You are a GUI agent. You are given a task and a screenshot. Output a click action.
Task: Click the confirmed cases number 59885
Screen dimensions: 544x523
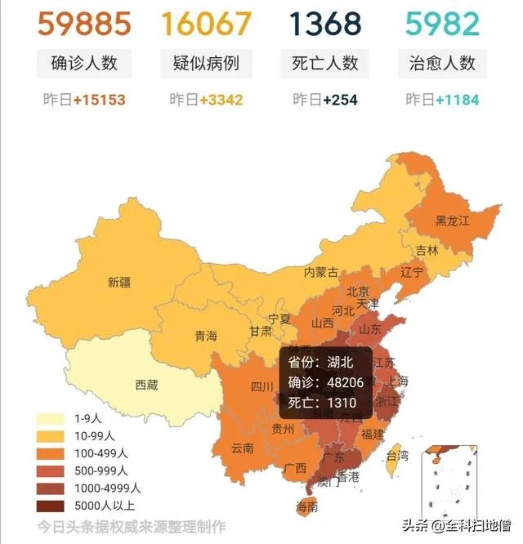coord(84,23)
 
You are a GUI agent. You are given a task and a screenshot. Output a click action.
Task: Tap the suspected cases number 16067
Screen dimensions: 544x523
coord(206,23)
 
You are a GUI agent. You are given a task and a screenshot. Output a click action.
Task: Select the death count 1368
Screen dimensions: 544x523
coord(325,23)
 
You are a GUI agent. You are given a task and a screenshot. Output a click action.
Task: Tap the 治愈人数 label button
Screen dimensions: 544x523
coord(442,64)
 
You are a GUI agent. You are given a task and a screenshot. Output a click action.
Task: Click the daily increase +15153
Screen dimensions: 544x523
coord(99,100)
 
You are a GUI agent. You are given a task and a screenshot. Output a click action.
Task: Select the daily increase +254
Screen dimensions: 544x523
coord(341,100)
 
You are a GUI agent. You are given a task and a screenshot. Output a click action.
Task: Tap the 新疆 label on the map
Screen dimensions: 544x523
coord(118,283)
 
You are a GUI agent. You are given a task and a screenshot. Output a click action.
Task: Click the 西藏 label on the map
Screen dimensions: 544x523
coord(147,385)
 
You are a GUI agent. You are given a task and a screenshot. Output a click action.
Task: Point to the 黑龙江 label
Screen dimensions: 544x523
coord(451,221)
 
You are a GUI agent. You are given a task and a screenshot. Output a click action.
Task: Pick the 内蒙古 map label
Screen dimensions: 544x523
coord(321,272)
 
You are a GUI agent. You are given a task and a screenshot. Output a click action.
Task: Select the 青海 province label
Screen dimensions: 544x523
coord(206,336)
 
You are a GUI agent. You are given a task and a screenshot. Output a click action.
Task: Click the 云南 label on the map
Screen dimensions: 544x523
coord(242,448)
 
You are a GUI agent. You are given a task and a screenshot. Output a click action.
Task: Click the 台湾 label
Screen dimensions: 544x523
coord(396,455)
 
